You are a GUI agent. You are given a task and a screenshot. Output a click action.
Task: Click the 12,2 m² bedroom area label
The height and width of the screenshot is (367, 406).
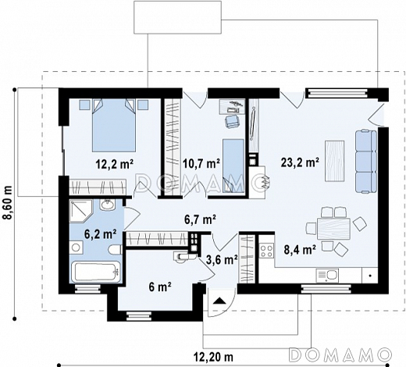pyautogui.click(x=115, y=164)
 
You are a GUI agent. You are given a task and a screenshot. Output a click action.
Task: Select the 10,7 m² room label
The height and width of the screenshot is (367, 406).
pyautogui.click(x=201, y=164)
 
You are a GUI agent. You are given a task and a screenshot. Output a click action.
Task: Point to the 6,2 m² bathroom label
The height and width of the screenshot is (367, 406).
pyautogui.click(x=100, y=234)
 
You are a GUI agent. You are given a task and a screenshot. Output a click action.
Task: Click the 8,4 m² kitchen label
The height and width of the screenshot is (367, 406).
pyautogui.click(x=300, y=249)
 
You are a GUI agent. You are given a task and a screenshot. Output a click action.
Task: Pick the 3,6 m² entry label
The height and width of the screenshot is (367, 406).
pyautogui.click(x=221, y=259)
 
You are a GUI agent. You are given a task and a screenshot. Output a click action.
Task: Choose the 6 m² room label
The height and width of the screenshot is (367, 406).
pyautogui.click(x=160, y=287)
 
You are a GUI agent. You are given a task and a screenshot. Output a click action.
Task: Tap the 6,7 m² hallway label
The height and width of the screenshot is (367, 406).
pyautogui.click(x=200, y=219)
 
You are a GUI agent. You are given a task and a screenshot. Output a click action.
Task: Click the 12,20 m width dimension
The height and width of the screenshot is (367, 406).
pyautogui.click(x=213, y=357)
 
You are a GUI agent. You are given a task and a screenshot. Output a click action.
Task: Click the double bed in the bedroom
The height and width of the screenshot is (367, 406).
pyautogui.click(x=114, y=126)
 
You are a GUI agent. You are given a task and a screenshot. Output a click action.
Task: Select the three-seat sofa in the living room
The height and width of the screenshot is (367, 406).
pyautogui.click(x=365, y=162)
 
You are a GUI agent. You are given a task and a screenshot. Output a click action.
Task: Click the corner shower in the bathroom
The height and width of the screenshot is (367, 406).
pyautogui.click(x=80, y=211)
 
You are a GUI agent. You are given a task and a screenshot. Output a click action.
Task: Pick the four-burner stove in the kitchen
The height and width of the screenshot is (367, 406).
pyautogui.click(x=267, y=251)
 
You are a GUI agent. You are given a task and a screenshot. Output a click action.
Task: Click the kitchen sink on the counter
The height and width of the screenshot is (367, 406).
pyautogui.click(x=327, y=276)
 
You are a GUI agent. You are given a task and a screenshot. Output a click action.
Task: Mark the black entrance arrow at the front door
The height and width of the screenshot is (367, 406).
pyautogui.click(x=219, y=301)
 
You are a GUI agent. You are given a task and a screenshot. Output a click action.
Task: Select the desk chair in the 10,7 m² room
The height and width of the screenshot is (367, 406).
pyautogui.click(x=232, y=122)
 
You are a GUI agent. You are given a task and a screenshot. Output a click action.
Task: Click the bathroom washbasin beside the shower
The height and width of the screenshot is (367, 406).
pyautogui.click(x=107, y=205)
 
